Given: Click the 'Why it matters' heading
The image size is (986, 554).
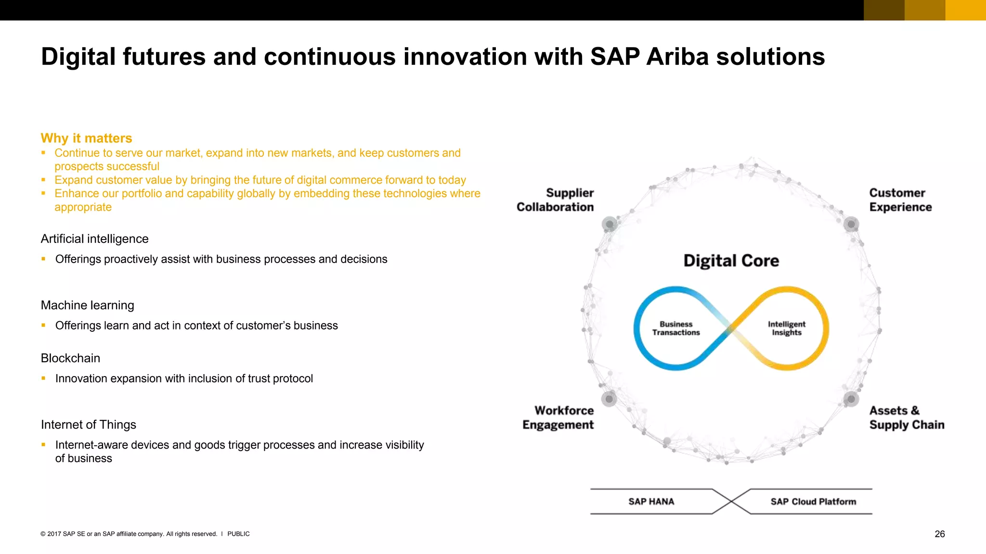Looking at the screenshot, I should pyautogui.click(x=86, y=138).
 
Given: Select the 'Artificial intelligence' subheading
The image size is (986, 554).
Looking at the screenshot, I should pyautogui.click(x=94, y=239).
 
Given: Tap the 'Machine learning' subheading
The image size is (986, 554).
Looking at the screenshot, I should pyautogui.click(x=87, y=305).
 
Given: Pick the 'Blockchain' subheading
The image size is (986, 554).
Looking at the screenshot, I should pyautogui.click(x=70, y=358).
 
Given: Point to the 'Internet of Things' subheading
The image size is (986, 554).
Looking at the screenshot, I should pyautogui.click(x=88, y=425).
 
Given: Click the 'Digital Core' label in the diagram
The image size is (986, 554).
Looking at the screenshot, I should pyautogui.click(x=731, y=261).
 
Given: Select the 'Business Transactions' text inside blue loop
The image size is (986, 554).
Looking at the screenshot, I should pyautogui.click(x=676, y=328).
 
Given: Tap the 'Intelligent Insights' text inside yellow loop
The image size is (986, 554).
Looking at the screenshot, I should pyautogui.click(x=786, y=328).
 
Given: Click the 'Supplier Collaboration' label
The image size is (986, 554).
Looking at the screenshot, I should pyautogui.click(x=556, y=200).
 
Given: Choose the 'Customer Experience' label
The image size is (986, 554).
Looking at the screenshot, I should pyautogui.click(x=900, y=200).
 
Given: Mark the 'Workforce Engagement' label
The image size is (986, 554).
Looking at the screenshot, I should pyautogui.click(x=558, y=418).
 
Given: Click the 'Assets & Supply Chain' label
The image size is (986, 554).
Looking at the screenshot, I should pyautogui.click(x=906, y=418).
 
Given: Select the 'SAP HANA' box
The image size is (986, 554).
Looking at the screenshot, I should pyautogui.click(x=651, y=502).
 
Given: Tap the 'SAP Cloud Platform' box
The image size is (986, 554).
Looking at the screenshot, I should pyautogui.click(x=813, y=502).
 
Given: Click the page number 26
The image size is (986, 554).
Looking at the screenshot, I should pyautogui.click(x=939, y=534).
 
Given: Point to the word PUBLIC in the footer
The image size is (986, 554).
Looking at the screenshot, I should pyautogui.click(x=238, y=534).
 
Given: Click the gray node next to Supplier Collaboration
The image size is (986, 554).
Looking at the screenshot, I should pyautogui.click(x=610, y=224).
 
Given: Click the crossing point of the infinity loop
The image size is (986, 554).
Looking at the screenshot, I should pyautogui.click(x=731, y=329).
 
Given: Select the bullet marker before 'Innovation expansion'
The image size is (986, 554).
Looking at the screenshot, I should pyautogui.click(x=43, y=378).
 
